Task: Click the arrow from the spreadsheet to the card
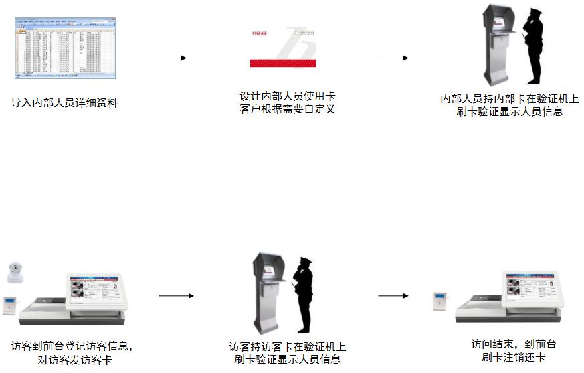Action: point(169,58)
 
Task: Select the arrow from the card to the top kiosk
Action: point(393,58)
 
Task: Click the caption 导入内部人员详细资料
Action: point(64,103)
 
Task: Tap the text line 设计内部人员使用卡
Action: point(288,96)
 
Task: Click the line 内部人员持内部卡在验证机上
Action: point(509,99)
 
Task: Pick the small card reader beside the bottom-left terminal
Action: point(11,305)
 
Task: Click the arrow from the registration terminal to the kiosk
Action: point(176,295)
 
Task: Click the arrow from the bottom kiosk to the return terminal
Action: point(393,295)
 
